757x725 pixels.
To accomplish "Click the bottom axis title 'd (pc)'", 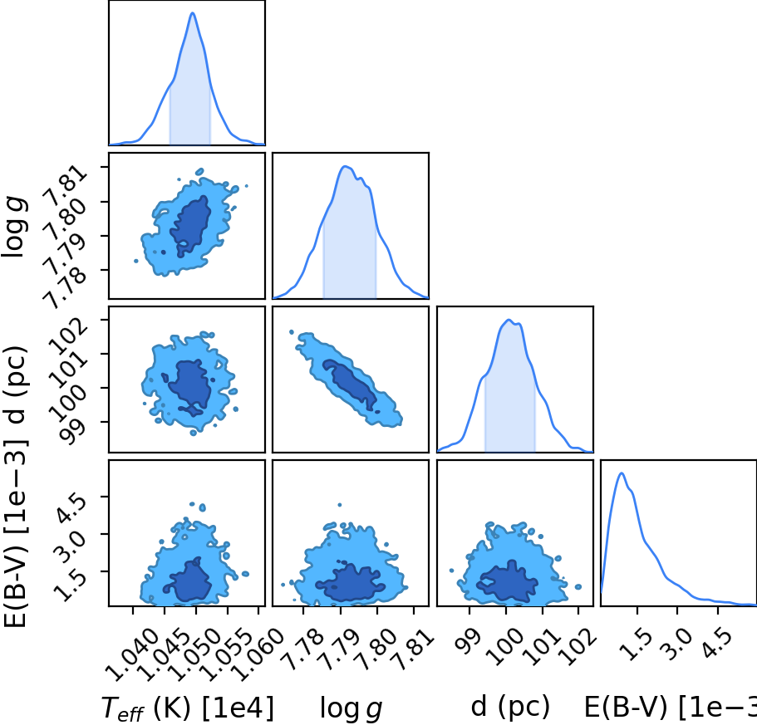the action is (x=510, y=707).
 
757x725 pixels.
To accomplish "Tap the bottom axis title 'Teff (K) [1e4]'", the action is (x=188, y=708).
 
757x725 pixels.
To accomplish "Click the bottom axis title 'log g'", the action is (x=351, y=708).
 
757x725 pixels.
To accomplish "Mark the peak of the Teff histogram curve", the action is (x=193, y=12).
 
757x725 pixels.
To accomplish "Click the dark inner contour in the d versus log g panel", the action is (x=351, y=384).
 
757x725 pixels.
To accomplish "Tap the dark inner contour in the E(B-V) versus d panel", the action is (x=507, y=581).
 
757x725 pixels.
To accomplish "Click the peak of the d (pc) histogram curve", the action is (x=509, y=320).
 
